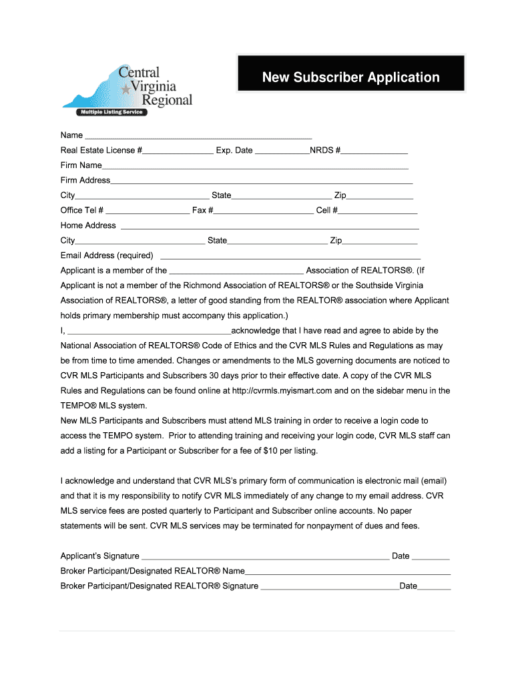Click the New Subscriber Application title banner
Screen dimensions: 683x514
350,77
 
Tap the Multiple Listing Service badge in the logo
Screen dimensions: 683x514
111,112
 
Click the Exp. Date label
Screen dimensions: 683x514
234,150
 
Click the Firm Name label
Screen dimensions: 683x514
81,165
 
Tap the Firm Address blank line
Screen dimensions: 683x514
261,182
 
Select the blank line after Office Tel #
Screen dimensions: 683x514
148,212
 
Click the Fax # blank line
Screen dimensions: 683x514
263,212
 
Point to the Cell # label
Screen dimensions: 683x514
326,210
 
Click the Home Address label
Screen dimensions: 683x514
88,225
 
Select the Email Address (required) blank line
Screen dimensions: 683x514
290,257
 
